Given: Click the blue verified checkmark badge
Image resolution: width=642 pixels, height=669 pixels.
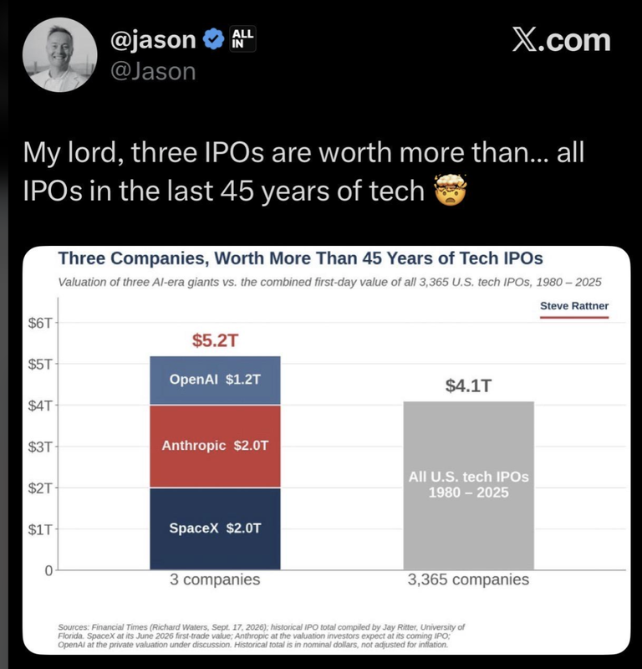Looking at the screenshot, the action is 213,39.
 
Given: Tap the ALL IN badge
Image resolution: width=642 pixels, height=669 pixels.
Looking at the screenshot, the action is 242,38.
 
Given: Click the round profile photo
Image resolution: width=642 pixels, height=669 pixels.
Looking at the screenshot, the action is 59,54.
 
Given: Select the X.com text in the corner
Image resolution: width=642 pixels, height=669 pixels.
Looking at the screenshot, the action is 561,40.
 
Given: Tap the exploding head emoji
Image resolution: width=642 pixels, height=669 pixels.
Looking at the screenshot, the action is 450,190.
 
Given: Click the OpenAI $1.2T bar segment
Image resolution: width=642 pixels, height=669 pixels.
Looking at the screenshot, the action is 215,380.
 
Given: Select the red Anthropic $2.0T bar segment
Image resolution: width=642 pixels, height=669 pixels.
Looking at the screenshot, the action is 215,446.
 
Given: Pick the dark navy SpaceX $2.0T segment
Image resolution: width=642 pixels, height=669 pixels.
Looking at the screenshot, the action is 215,529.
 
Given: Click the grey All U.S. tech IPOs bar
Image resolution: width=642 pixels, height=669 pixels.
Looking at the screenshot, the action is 468,486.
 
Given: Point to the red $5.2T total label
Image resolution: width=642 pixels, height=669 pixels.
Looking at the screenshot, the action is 215,340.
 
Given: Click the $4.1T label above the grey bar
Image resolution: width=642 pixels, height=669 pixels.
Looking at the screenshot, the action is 468,386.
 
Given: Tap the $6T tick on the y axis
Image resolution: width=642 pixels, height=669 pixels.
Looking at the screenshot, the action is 39,323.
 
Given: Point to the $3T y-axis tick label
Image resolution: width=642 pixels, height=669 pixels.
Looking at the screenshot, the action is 39,447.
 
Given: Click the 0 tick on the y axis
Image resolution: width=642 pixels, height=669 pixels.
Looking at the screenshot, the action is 48,570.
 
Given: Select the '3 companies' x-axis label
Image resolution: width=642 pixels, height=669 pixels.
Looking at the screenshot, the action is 215,580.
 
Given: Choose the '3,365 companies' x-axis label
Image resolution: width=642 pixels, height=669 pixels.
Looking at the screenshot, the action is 468,580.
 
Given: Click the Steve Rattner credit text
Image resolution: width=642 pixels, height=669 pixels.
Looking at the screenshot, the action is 574,306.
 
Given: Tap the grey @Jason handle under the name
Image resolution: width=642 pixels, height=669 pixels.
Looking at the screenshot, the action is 153,71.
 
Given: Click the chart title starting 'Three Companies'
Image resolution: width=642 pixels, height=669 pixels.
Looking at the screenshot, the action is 300,258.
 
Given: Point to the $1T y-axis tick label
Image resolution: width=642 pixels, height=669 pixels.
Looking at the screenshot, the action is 39,529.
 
